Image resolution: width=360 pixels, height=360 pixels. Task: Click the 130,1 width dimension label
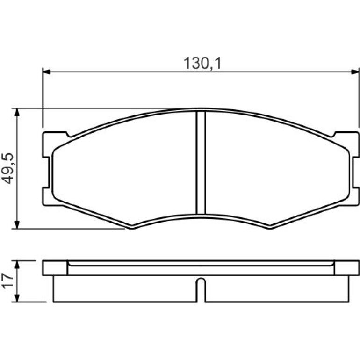pyautogui.click(x=202, y=63)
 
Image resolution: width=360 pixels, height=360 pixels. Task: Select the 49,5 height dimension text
pyautogui.click(x=8, y=168)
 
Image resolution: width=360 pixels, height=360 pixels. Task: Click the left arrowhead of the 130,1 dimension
pyautogui.click(x=47, y=72)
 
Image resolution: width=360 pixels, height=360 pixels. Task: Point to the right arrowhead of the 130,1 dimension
pyautogui.click(x=355, y=72)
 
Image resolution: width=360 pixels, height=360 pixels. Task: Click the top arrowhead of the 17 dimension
pyautogui.click(x=17, y=265)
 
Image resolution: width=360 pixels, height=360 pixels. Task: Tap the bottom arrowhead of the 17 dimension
pyautogui.click(x=17, y=298)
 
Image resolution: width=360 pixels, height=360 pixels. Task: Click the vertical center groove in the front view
pyautogui.click(x=201, y=163)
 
